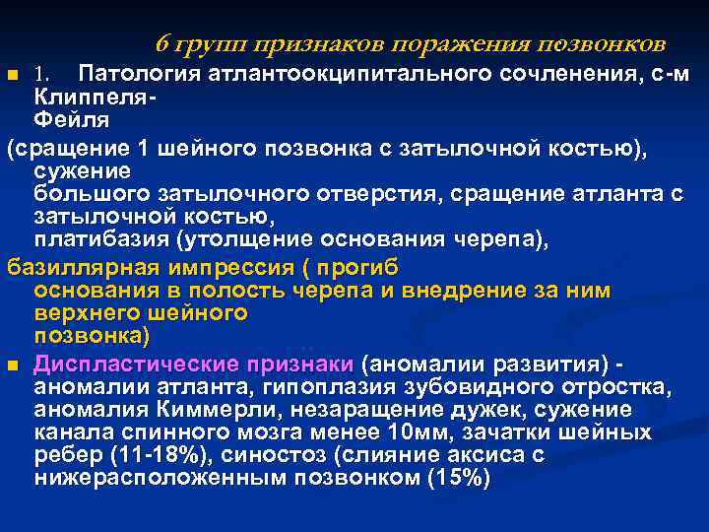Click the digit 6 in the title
pos(163,45)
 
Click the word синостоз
pos(271,455)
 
